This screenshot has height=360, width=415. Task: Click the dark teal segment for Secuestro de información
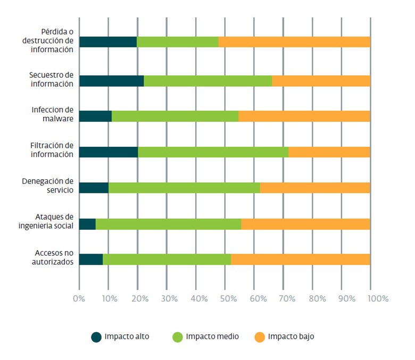point(111,81)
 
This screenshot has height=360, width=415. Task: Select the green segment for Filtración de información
point(213,152)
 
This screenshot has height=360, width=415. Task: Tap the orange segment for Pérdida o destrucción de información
point(294,42)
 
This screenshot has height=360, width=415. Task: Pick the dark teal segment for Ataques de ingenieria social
point(87,224)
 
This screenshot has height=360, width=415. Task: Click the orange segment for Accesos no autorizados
point(300,259)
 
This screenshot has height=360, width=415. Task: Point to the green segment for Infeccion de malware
point(175,116)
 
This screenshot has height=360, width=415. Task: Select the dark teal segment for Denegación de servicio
point(94,188)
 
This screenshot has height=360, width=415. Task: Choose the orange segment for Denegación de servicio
point(314,188)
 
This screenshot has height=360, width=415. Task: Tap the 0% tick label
point(79,298)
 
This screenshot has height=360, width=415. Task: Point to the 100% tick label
point(377,298)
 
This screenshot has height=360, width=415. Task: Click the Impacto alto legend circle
point(96,337)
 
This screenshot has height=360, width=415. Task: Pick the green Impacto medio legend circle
point(178,337)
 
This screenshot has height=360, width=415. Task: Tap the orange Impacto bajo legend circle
point(260,337)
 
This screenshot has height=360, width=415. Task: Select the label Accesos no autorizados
point(51,257)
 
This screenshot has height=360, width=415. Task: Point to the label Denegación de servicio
point(48,186)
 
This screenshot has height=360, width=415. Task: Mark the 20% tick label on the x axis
point(139,298)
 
